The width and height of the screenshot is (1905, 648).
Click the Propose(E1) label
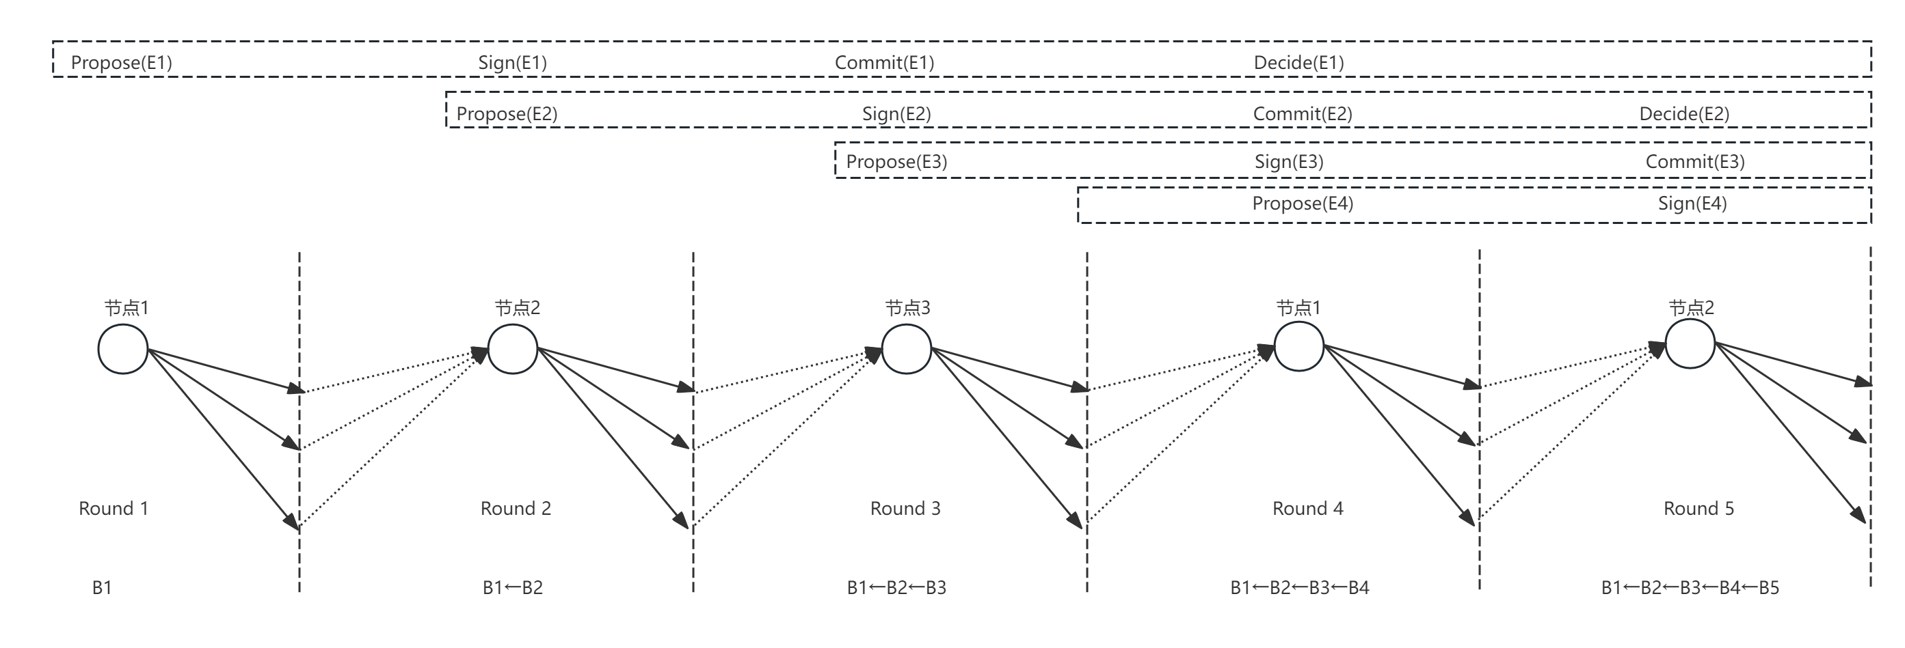click(121, 63)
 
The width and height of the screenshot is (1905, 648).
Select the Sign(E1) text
click(512, 63)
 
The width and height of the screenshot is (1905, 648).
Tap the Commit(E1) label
click(885, 63)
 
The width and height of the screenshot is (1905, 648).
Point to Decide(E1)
click(1298, 63)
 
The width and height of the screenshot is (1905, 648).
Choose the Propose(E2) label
click(507, 114)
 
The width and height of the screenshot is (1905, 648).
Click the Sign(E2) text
click(896, 114)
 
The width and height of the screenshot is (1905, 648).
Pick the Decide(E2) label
click(1684, 114)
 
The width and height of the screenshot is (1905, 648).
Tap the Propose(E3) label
click(896, 162)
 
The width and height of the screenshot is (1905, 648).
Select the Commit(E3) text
click(1695, 162)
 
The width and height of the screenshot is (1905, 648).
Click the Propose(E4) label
click(1303, 203)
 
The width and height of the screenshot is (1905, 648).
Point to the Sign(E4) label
click(1692, 203)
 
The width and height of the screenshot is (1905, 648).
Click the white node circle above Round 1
click(123, 349)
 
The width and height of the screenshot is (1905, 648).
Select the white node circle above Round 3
click(906, 349)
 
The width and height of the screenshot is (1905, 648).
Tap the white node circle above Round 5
click(1689, 344)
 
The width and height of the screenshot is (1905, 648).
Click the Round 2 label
click(516, 508)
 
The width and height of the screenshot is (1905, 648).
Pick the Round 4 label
click(1307, 508)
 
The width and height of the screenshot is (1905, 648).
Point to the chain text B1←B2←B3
click(896, 587)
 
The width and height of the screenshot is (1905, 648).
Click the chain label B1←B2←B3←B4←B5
click(1690, 587)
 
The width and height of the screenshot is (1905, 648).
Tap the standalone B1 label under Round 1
click(102, 587)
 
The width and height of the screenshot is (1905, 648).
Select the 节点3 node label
click(907, 308)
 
